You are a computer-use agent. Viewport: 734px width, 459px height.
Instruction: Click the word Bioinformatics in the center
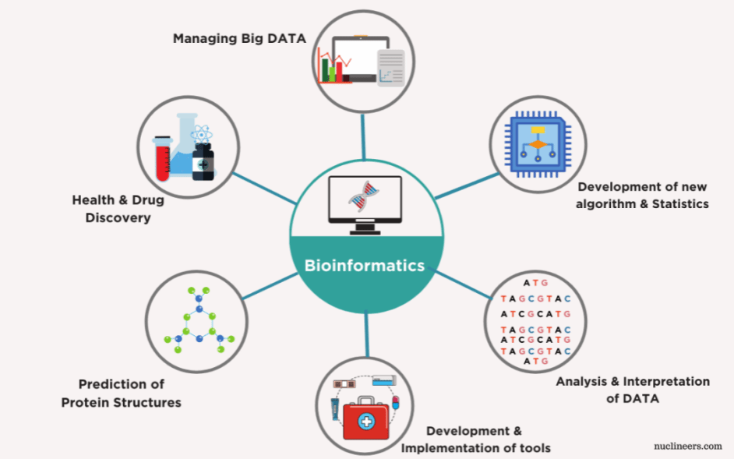pyautogui.click(x=365, y=266)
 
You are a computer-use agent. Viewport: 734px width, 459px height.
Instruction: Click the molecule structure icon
pyautogui.click(x=196, y=324)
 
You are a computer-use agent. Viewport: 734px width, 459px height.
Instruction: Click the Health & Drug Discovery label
pyautogui.click(x=118, y=209)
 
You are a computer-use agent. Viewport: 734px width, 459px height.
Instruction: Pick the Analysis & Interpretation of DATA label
pyautogui.click(x=632, y=390)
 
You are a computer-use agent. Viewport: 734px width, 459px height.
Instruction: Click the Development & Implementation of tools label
pyautogui.click(x=475, y=440)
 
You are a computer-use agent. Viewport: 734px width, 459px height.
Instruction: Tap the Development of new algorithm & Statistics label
pyautogui.click(x=643, y=196)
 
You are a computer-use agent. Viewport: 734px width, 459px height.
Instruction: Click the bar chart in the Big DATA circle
pyautogui.click(x=330, y=68)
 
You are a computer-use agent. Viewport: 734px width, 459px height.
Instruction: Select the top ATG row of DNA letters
pyautogui.click(x=535, y=283)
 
